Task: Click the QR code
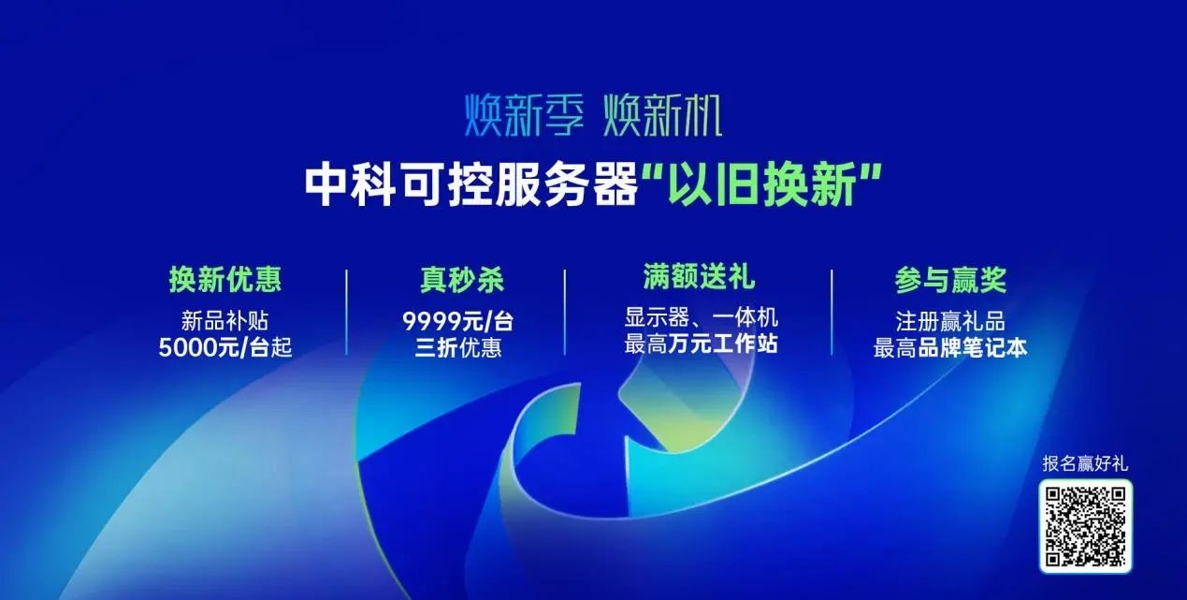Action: [x=1085, y=526]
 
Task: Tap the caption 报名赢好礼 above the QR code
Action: [x=1085, y=463]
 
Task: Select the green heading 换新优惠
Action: [x=225, y=279]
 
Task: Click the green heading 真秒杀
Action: [x=461, y=280]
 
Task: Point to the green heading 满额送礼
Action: [x=699, y=276]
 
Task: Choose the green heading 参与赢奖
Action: [x=950, y=280]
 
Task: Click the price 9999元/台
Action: [x=457, y=320]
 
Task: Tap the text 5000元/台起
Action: [x=225, y=347]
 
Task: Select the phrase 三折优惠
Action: [x=457, y=347]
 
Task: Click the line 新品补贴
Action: [x=225, y=320]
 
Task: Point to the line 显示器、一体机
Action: [x=701, y=317]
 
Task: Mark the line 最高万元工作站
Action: [x=701, y=344]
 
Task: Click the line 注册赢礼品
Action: [x=950, y=321]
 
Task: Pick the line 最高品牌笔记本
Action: [x=950, y=348]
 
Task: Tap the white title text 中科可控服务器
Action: [x=470, y=184]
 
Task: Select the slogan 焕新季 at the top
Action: [x=524, y=114]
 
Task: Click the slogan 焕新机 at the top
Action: [x=662, y=114]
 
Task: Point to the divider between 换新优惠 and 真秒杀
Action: [x=347, y=312]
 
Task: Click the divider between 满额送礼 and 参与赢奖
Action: [x=832, y=312]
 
